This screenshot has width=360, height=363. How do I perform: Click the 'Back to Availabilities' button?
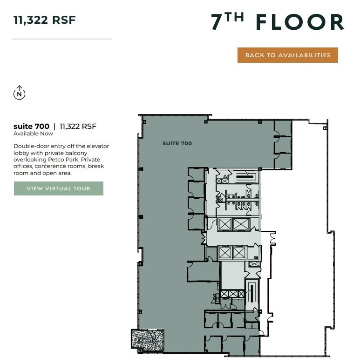287,55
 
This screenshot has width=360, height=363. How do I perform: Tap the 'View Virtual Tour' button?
58,188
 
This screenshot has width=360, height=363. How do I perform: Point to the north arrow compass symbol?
19,93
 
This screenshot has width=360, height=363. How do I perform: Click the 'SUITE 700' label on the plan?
177,143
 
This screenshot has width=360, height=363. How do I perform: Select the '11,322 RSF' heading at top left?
44,20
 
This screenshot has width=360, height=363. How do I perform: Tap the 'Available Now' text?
34,134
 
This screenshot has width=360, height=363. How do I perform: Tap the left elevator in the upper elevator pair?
225,224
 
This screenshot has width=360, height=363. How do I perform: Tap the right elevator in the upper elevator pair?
241,224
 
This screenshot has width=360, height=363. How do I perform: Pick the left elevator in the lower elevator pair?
225,253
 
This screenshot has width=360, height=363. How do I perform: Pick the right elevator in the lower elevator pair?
238,253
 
